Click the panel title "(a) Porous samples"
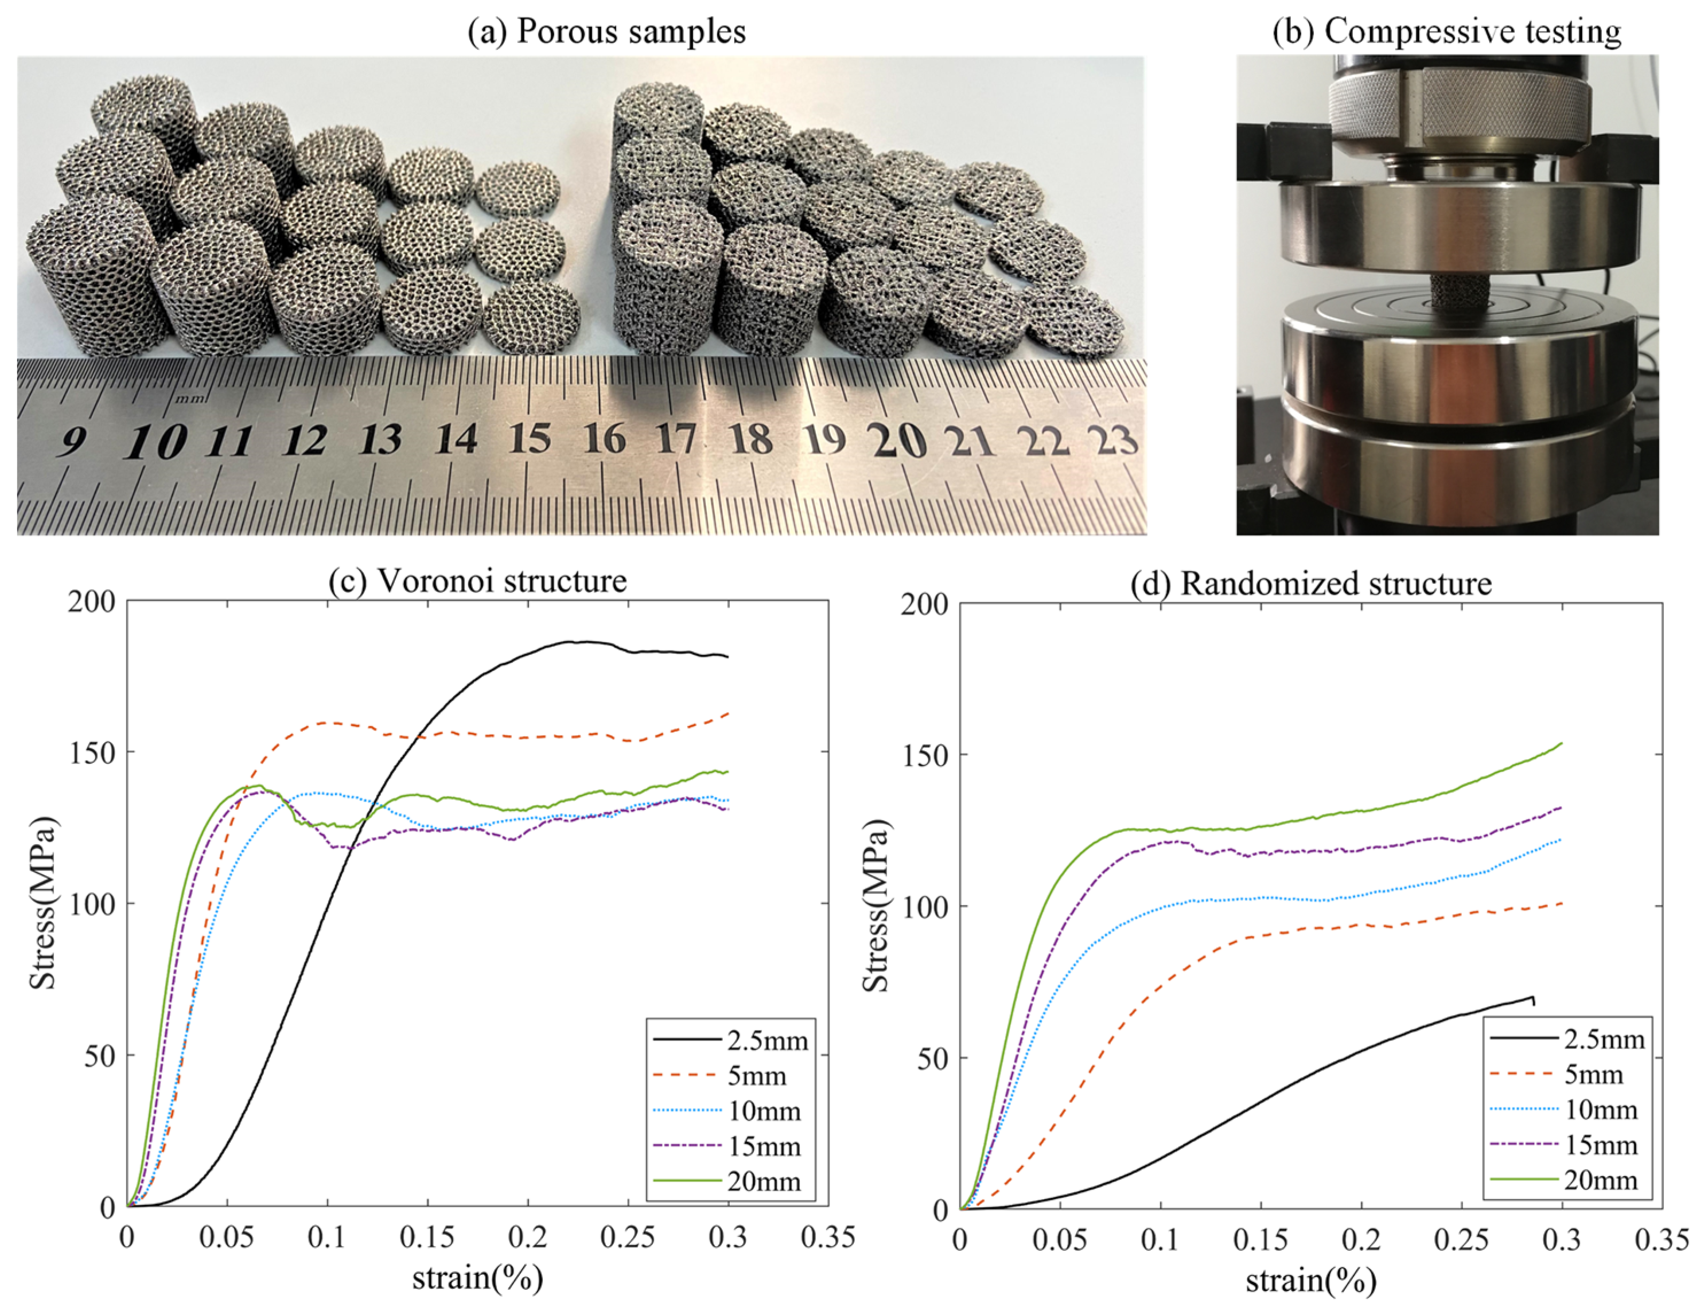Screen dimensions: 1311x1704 click(606, 31)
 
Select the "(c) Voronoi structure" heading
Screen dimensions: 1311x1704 click(477, 581)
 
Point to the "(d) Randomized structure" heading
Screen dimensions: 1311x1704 click(1311, 583)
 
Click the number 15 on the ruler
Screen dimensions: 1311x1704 click(531, 439)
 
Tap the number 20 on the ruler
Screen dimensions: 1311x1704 click(899, 442)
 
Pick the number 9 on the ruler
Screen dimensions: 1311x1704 click(72, 442)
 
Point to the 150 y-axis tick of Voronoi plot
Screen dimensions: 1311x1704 click(91, 752)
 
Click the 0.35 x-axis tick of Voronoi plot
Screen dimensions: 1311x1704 click(828, 1237)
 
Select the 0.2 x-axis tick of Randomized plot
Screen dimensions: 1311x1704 click(1361, 1240)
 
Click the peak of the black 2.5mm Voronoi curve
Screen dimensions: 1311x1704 click(577, 642)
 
